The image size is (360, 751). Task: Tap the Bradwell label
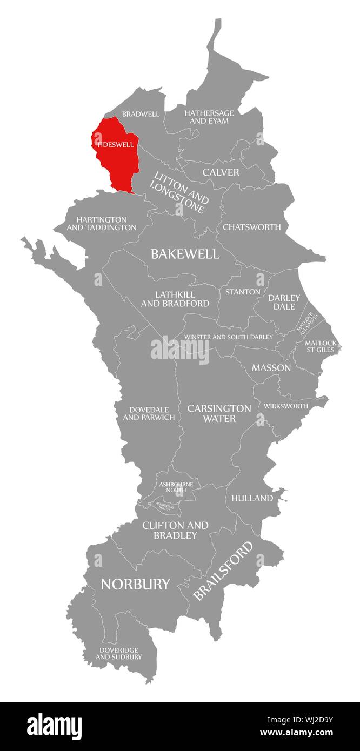141,114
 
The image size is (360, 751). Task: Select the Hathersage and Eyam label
209,117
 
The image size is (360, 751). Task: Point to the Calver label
221,172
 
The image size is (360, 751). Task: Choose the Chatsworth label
252,227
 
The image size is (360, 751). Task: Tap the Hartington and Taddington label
102,224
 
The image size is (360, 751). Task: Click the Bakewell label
185,254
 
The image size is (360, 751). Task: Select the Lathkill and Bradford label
175,299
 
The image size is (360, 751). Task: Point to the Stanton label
243,292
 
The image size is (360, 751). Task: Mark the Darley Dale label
284,302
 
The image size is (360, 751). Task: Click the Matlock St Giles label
320,346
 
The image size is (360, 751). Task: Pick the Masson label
271,368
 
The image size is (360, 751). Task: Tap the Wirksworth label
285,406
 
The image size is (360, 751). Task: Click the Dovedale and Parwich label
149,413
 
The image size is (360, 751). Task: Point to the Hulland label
252,498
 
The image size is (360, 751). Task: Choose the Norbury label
135,584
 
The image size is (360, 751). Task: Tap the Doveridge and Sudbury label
119,653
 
